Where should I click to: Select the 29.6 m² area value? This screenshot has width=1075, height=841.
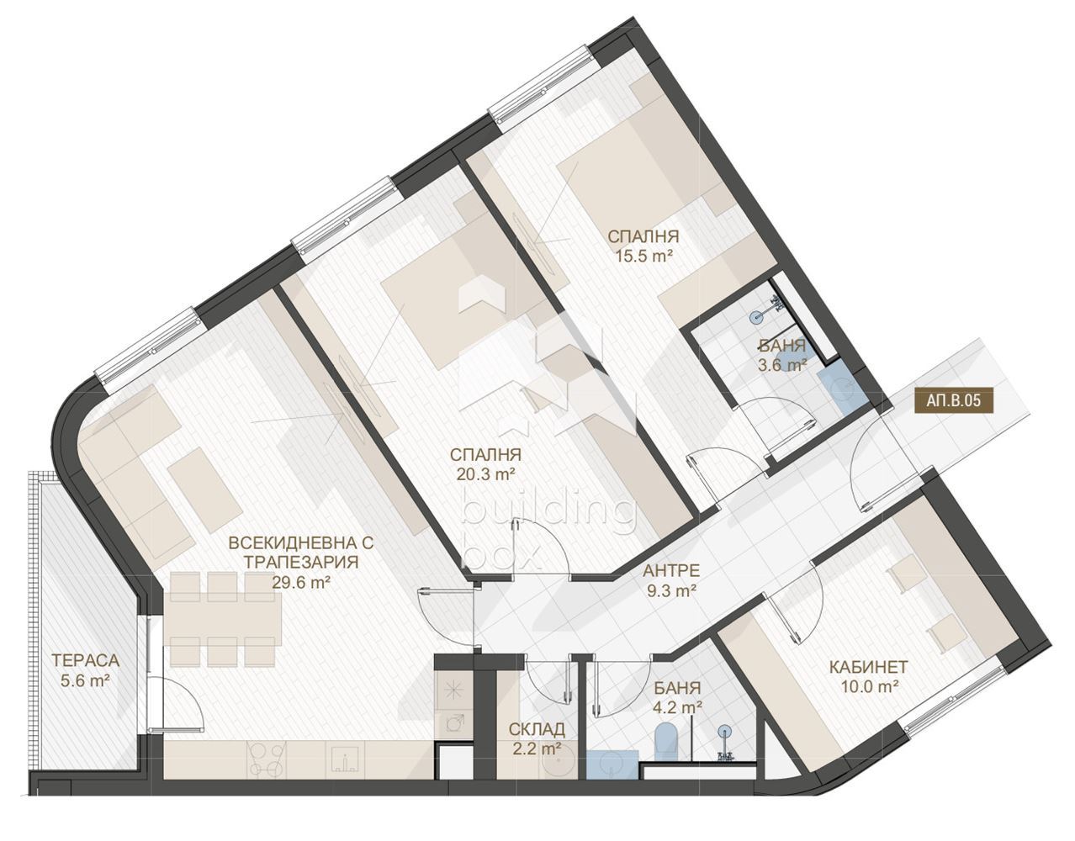pyautogui.click(x=301, y=583)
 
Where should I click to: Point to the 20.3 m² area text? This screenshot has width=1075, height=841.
pyautogui.click(x=487, y=474)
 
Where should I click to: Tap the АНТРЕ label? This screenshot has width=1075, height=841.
pyautogui.click(x=671, y=571)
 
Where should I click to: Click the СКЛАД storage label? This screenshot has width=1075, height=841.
pyautogui.click(x=537, y=728)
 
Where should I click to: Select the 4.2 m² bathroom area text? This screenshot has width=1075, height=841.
pyautogui.click(x=677, y=708)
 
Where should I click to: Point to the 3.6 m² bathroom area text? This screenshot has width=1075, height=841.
pyautogui.click(x=782, y=365)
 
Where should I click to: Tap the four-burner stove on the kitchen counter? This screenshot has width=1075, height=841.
pyautogui.click(x=268, y=766)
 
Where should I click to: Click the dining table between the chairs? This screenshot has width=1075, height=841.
pyautogui.click(x=222, y=618)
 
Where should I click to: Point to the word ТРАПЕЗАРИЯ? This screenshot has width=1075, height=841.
pyautogui.click(x=301, y=562)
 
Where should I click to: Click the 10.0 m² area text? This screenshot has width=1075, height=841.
pyautogui.click(x=869, y=688)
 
